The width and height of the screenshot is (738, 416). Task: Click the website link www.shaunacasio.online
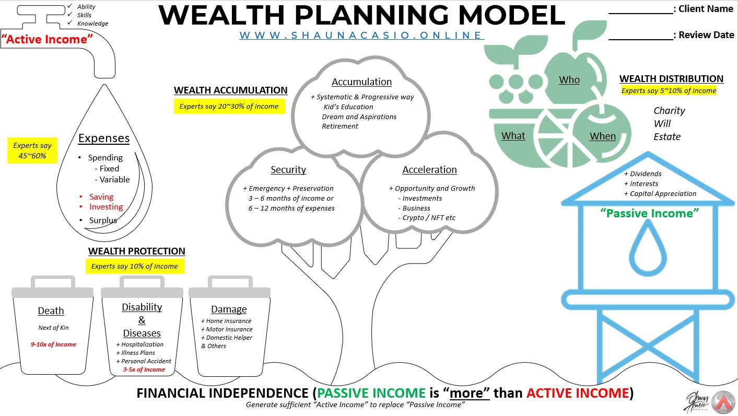(x=361, y=36)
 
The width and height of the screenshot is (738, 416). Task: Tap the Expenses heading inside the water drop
(x=104, y=138)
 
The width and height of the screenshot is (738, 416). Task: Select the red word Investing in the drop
(x=106, y=207)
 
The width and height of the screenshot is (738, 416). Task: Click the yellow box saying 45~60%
(x=32, y=151)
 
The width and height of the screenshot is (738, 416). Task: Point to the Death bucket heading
(x=51, y=311)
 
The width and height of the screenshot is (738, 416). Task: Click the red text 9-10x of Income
(x=53, y=344)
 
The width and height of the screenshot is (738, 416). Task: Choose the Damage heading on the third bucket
(x=229, y=309)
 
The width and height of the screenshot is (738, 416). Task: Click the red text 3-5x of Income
(x=144, y=369)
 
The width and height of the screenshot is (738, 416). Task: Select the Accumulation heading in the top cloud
(x=361, y=82)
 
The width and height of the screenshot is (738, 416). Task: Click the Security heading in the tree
(x=288, y=170)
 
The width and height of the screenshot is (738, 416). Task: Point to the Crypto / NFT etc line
(x=429, y=218)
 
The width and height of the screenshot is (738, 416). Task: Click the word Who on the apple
(x=569, y=80)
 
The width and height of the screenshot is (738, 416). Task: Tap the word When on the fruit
(x=603, y=136)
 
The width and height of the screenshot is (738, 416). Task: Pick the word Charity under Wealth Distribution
(x=669, y=111)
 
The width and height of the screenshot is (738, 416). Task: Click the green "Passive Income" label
(x=650, y=213)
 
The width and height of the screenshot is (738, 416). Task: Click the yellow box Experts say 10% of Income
(x=135, y=267)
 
